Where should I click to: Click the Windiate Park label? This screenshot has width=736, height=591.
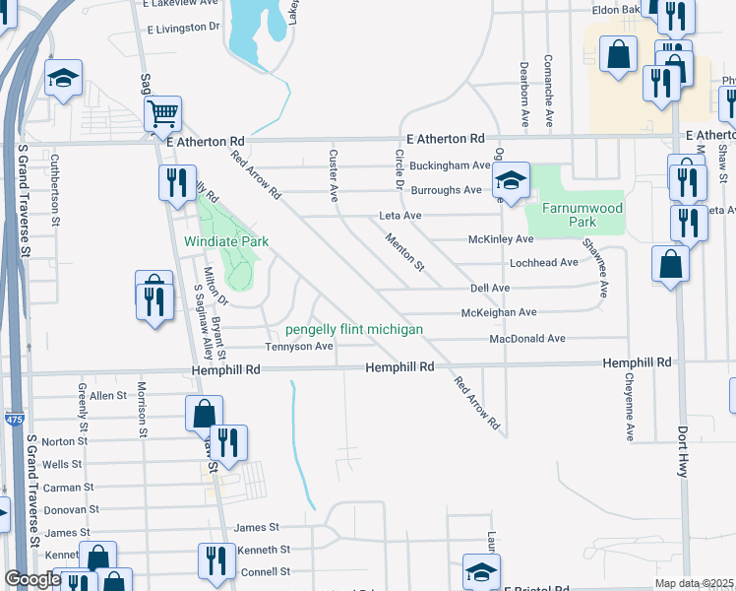[226, 240]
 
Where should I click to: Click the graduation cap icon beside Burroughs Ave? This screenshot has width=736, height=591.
[510, 180]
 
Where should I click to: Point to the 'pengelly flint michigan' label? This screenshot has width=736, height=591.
[354, 329]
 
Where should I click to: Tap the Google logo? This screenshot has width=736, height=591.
[32, 579]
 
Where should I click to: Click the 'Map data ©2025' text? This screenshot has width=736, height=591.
[695, 583]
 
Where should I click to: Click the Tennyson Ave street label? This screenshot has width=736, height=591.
[298, 346]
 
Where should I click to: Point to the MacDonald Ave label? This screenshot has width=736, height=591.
[527, 338]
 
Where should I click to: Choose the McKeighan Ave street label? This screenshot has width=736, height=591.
[499, 312]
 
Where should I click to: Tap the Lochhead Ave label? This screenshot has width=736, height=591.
[543, 263]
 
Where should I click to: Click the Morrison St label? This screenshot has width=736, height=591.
[143, 408]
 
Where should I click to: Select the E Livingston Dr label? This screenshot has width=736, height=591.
[183, 29]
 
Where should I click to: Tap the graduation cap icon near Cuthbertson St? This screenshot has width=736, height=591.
[63, 78]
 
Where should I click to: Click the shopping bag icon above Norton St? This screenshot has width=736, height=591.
[204, 414]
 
